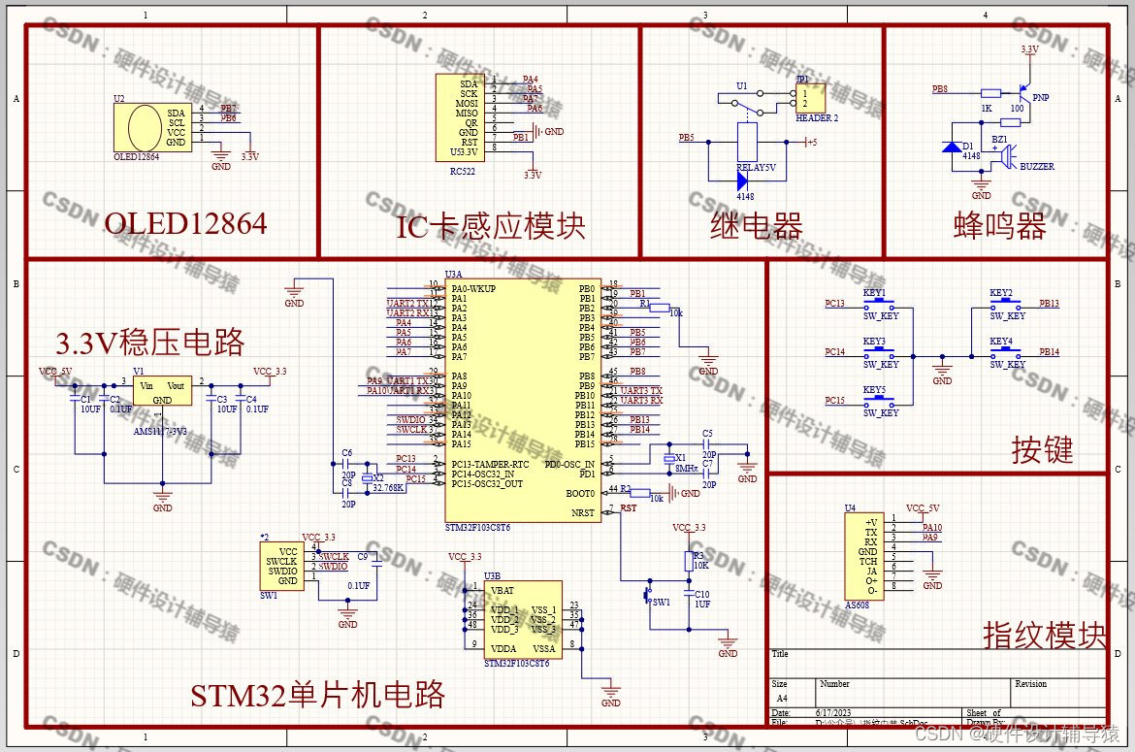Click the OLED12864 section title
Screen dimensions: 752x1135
click(x=185, y=224)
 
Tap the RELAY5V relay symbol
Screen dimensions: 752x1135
click(x=747, y=142)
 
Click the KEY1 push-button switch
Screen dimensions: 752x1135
click(x=877, y=304)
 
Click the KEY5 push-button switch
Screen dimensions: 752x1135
click(x=877, y=401)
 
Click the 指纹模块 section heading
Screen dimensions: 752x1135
click(x=1045, y=636)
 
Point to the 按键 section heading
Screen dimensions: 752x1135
click(x=1042, y=450)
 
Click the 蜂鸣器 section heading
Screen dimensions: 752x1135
click(x=1000, y=226)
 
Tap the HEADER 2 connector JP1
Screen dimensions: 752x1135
click(x=811, y=98)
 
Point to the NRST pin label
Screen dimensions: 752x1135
click(x=582, y=512)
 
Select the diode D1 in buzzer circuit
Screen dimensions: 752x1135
click(x=952, y=147)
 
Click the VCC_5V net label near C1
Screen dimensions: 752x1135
click(x=55, y=372)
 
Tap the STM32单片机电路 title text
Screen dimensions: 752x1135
click(x=317, y=695)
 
